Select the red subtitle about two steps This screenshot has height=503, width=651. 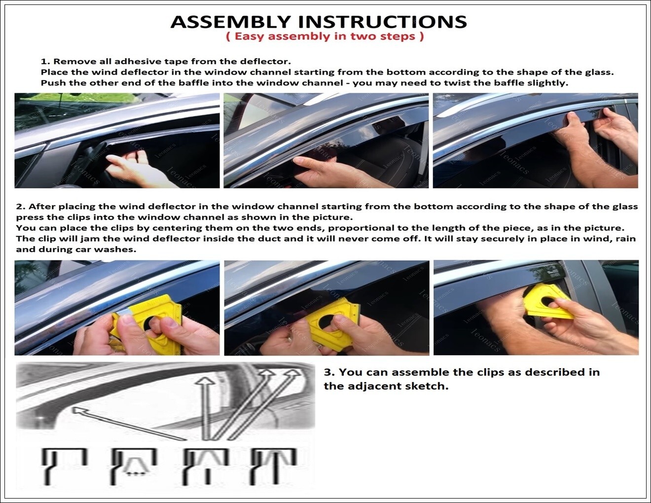325,36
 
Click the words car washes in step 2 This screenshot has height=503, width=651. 104,250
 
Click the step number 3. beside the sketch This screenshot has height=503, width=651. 329,372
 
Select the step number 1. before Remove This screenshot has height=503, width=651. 45,62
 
